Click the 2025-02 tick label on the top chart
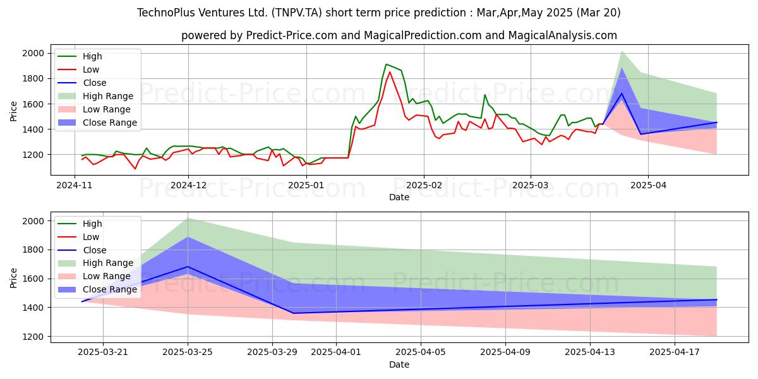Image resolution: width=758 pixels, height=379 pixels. pos(424,185)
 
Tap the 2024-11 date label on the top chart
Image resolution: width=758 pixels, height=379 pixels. pos(74,185)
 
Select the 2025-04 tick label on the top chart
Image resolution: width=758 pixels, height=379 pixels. pos(648,185)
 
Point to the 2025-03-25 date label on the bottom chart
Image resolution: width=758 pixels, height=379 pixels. pos(188,352)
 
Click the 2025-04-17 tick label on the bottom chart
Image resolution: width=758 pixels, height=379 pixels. pos(675,352)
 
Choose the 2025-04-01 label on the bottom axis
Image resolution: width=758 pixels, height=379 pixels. pos(335,352)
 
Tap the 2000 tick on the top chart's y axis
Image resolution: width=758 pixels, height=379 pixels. pos(33,53)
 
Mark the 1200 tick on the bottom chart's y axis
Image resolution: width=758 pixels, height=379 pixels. pos(33,337)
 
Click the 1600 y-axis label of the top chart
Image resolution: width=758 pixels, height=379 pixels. pos(33,104)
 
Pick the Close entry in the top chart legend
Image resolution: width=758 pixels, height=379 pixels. pos(82,83)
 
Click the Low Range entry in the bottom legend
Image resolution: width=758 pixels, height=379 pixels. pos(94,276)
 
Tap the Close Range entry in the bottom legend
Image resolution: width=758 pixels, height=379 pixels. pos(98,289)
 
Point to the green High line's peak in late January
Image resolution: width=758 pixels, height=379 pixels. pos(386,64)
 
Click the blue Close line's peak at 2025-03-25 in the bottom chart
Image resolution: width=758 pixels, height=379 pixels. pos(188,267)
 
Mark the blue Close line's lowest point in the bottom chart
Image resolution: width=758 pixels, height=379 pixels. pos(293,313)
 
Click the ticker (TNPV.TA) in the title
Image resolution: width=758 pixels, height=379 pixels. pos(297,13)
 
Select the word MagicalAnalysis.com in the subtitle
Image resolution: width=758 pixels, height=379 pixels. pos(563,35)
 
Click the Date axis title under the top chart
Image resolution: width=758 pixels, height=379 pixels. pos(399,197)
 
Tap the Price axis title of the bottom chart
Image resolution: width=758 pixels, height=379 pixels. pos(13,278)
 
